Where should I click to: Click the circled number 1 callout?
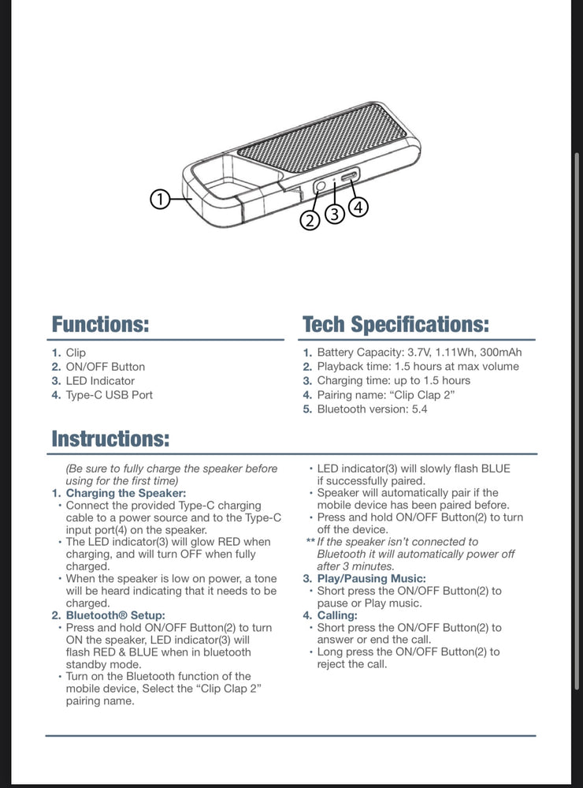[160, 200]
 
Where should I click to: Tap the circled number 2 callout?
[310, 221]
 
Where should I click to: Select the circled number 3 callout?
[335, 214]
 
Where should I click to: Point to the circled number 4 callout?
[358, 207]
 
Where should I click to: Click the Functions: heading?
[100, 324]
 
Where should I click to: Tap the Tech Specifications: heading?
[395, 324]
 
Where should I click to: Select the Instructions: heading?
[110, 439]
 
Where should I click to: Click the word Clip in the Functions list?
[76, 353]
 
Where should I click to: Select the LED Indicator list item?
[100, 381]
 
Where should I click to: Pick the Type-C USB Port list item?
[109, 395]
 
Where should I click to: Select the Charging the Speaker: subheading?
[126, 493]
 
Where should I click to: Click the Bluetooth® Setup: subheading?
[115, 615]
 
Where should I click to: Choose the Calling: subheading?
[337, 615]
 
